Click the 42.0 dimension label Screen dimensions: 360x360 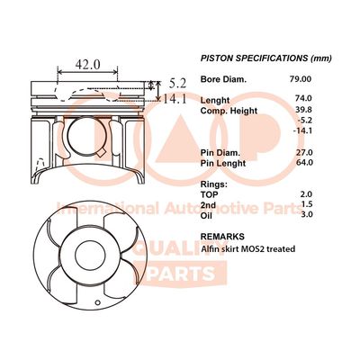coord(87,64)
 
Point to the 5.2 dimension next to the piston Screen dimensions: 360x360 coord(177,84)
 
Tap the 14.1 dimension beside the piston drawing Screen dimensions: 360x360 coord(175,99)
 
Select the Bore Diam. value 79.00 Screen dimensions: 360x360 coord(301,79)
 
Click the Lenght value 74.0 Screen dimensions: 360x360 coord(303,98)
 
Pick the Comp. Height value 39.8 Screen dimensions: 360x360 coord(303,110)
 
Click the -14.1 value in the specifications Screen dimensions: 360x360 coord(302,130)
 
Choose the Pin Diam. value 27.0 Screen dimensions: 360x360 coord(303,152)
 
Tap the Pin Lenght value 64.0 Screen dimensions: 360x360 coord(303,162)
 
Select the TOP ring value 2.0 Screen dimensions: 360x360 coord(306,194)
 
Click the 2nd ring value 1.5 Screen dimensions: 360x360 coord(307,204)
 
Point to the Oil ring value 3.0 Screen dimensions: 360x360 coord(306,214)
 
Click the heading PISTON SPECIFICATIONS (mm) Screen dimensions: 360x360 coord(266,58)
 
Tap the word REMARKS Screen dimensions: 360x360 coord(222,237)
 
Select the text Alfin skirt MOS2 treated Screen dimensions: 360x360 coord(248,248)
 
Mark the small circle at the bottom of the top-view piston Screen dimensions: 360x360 coord(97,302)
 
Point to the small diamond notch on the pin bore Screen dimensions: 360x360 coord(102,152)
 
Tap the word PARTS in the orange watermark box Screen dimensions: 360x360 coord(181,274)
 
